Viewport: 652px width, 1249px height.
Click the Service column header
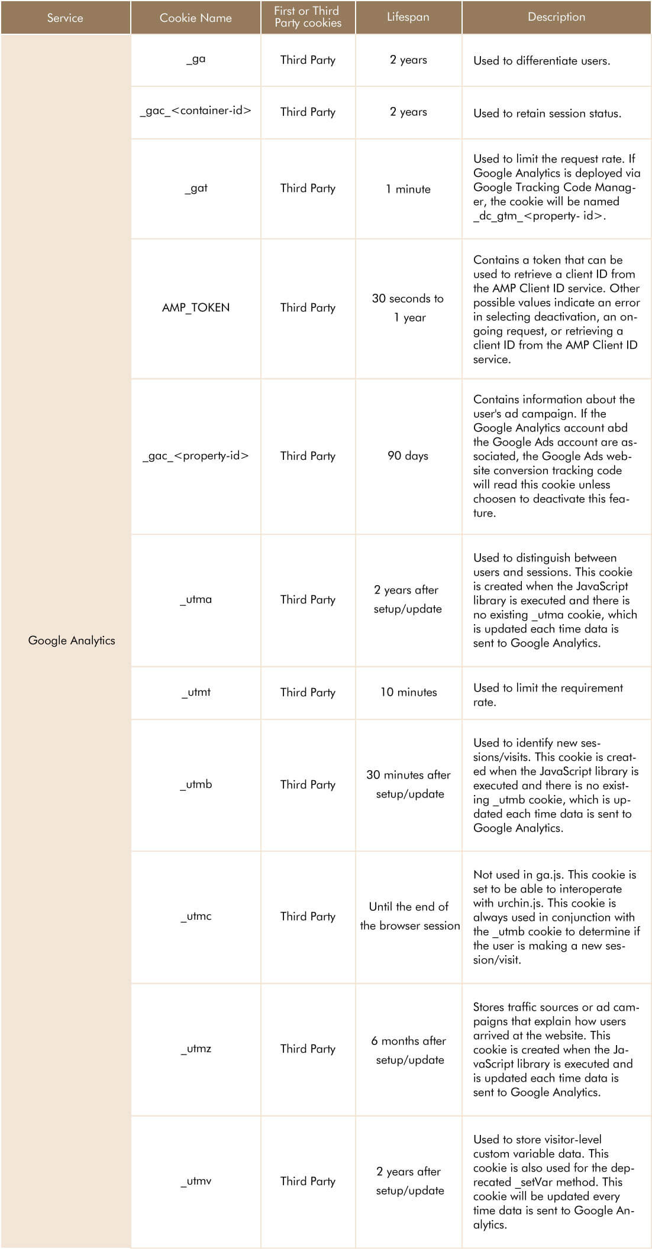click(x=65, y=18)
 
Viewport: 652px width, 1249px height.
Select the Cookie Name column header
click(x=195, y=18)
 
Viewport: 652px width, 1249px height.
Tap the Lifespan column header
click(x=408, y=17)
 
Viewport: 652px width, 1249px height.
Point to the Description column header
click(x=556, y=17)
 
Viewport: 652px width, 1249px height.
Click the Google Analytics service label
click(x=72, y=640)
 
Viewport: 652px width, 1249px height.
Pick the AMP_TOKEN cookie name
click(x=196, y=307)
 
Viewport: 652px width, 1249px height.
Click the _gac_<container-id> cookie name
click(x=196, y=111)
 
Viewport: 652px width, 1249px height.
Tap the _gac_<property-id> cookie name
click(x=196, y=456)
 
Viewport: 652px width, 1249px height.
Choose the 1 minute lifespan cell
click(x=408, y=189)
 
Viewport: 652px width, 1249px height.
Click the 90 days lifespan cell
click(x=408, y=456)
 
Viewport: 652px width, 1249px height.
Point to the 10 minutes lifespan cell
click(x=408, y=692)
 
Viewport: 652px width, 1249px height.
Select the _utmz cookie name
click(x=196, y=1049)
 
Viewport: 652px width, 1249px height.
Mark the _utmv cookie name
click(x=196, y=1181)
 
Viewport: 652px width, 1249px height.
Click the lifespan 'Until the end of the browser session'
click(x=409, y=916)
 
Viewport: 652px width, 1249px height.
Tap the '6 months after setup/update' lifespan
click(x=409, y=1050)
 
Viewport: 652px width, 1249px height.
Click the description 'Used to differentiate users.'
click(x=541, y=60)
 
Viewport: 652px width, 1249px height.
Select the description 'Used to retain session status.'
click(x=547, y=113)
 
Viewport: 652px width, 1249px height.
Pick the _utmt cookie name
click(x=196, y=692)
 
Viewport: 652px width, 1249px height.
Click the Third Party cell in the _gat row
click(x=308, y=189)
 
